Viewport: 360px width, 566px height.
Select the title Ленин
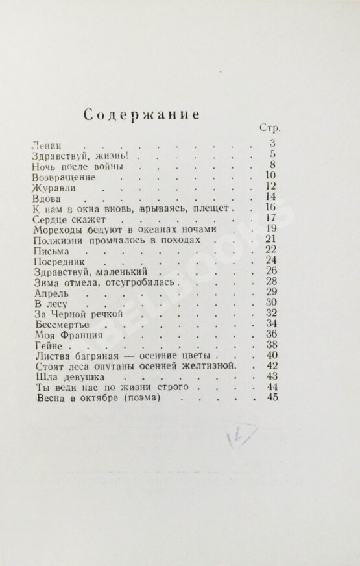click(x=45, y=144)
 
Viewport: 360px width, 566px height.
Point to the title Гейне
click(x=45, y=346)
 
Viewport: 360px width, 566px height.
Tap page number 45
click(x=271, y=397)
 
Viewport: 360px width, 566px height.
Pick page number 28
click(x=271, y=282)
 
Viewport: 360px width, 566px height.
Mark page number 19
click(x=271, y=229)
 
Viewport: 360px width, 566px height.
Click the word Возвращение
click(x=64, y=177)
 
